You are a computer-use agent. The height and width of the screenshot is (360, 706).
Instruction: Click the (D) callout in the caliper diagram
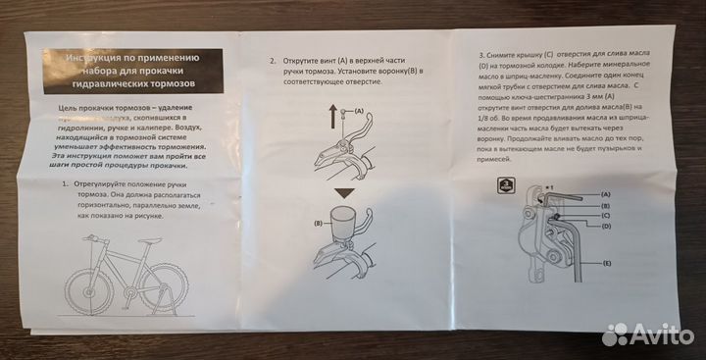(x=607, y=225)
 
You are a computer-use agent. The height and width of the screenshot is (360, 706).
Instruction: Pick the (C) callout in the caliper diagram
(x=607, y=214)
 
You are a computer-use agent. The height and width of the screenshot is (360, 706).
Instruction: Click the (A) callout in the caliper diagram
(x=607, y=195)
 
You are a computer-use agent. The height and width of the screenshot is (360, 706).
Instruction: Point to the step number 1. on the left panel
(x=65, y=183)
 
